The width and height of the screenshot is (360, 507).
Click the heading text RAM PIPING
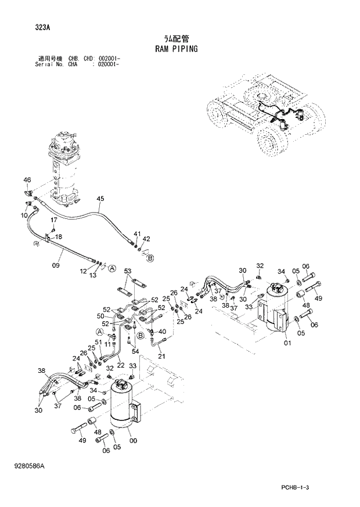click(177, 49)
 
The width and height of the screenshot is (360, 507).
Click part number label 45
click(100, 199)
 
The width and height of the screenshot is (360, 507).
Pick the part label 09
click(56, 265)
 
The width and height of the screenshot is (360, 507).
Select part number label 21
click(161, 356)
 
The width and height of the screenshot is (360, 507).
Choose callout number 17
click(53, 220)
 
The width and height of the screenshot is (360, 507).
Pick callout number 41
click(137, 234)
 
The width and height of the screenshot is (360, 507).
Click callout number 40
click(162, 332)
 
